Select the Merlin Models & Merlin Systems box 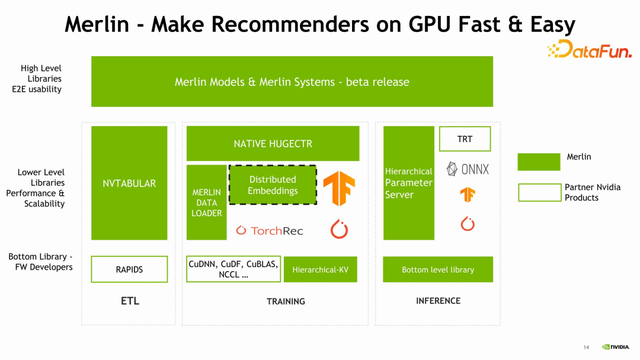292,81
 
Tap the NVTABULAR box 129,183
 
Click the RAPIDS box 129,269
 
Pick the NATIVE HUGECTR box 272,144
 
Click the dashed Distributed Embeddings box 272,184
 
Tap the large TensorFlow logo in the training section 339,188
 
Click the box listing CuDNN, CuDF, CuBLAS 231,269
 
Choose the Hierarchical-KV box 320,270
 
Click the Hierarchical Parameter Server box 408,183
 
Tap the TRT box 465,139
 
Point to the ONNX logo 467,169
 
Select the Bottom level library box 437,270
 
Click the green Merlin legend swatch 539,161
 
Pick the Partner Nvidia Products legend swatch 539,192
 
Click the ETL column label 129,301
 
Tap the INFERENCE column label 437,301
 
